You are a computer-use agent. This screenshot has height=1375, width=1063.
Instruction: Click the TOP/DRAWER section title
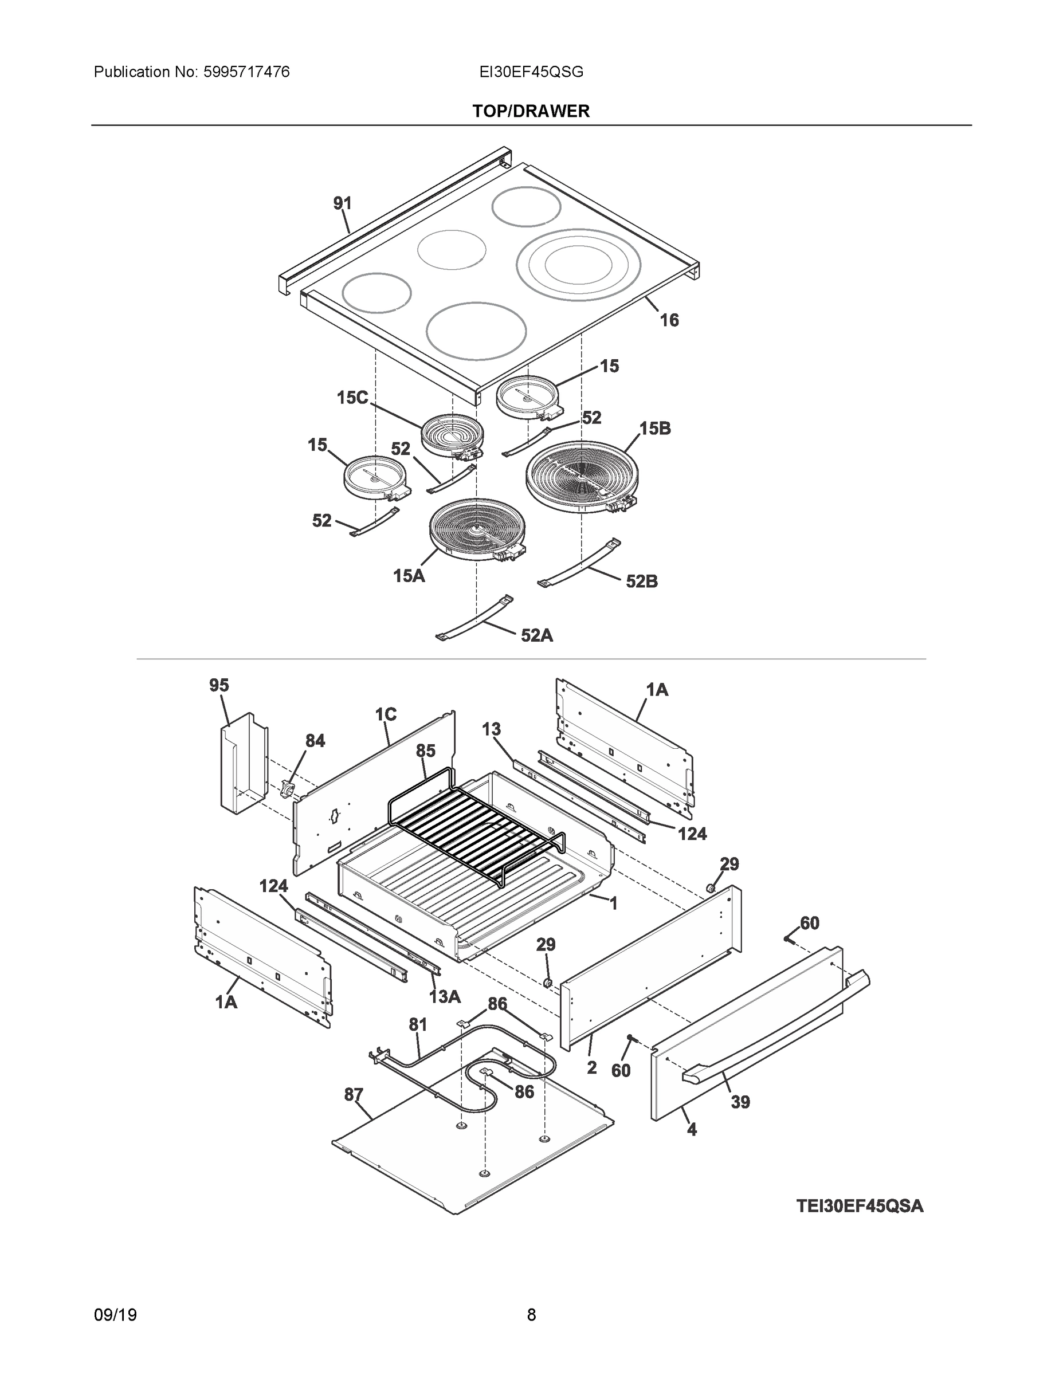531,112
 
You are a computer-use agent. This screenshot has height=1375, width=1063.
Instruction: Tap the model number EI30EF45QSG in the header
531,72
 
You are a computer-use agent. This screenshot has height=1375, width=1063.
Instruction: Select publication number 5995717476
246,72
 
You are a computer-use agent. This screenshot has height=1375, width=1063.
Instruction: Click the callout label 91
342,203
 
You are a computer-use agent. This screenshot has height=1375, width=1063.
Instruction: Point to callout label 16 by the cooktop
669,320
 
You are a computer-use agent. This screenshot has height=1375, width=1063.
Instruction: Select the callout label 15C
352,398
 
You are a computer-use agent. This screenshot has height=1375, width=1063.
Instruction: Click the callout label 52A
536,636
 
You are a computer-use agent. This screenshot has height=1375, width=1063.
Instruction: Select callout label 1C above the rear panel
386,714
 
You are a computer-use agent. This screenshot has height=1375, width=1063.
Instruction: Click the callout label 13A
445,997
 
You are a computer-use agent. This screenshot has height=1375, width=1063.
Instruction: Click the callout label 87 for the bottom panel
354,1095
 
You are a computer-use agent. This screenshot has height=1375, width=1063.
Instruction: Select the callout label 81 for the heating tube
418,1025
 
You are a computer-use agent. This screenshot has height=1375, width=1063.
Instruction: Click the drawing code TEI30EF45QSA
860,1206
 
